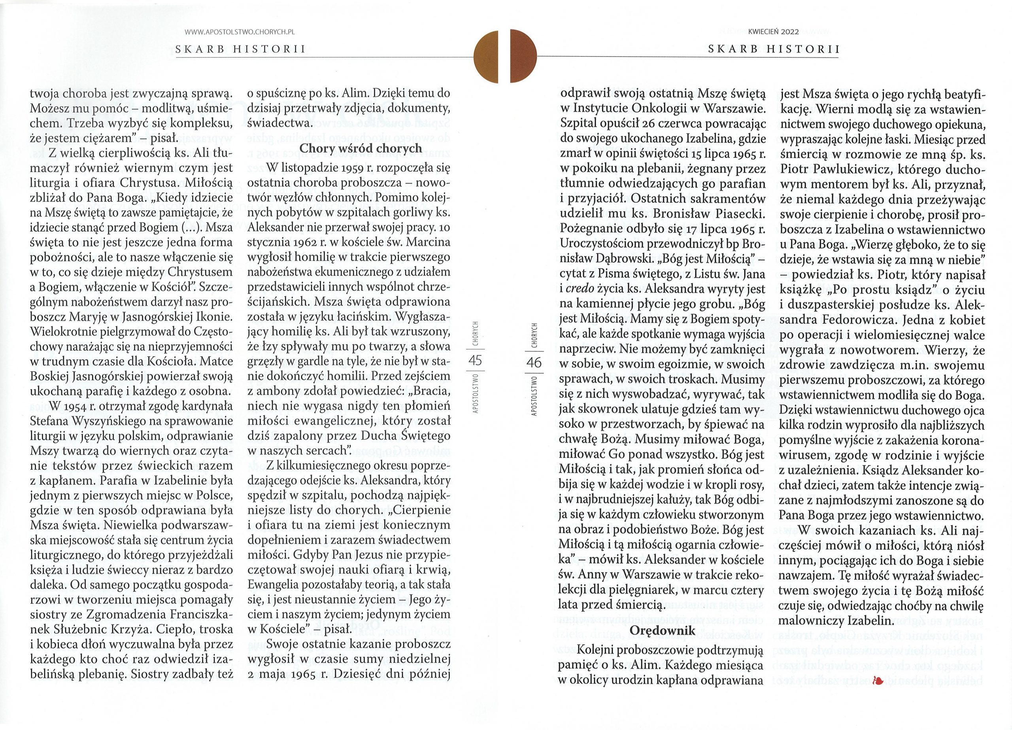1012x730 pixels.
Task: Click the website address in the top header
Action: pyautogui.click(x=240, y=32)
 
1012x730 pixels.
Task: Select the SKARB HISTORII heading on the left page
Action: pyautogui.click(x=240, y=49)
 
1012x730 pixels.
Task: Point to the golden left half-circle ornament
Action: pyautogui.click(x=486, y=56)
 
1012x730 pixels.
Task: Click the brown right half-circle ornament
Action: pyautogui.click(x=524, y=56)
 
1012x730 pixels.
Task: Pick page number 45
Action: pyautogui.click(x=476, y=360)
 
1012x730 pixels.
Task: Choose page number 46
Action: pyautogui.click(x=534, y=362)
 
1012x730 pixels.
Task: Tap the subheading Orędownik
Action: pyautogui.click(x=662, y=630)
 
